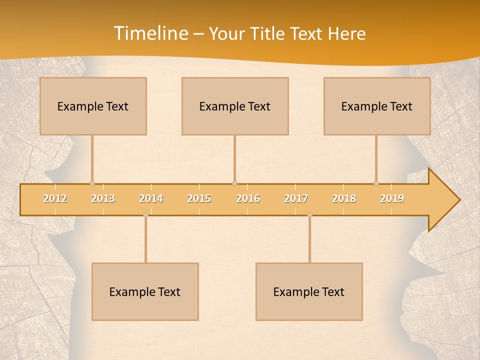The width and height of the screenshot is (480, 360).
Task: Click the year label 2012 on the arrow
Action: [x=55, y=198]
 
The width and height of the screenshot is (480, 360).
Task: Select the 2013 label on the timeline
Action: [x=103, y=198]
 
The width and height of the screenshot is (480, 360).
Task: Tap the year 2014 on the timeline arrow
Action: [x=151, y=198]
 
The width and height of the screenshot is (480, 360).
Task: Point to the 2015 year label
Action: [x=199, y=198]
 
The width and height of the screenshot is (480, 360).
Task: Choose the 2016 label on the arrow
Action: [x=248, y=198]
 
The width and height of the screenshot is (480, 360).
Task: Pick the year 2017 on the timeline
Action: [x=296, y=198]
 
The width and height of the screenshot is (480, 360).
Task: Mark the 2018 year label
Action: [x=344, y=198]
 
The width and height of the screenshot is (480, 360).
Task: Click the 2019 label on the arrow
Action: [x=392, y=198]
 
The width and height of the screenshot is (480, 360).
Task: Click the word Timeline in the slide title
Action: [x=150, y=33]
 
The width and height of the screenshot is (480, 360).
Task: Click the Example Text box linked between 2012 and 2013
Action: [x=93, y=106]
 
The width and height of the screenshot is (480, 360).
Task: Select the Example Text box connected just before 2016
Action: [x=235, y=106]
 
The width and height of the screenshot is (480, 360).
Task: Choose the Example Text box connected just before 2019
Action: [x=377, y=106]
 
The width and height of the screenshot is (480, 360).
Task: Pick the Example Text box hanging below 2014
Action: [x=145, y=291]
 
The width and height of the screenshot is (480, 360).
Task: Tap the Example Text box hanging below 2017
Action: [x=309, y=291]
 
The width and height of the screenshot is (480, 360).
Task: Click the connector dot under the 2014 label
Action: [x=145, y=215]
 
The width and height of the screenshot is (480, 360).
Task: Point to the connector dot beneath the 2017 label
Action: [x=309, y=215]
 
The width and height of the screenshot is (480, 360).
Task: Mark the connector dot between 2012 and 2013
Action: [x=92, y=183]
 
